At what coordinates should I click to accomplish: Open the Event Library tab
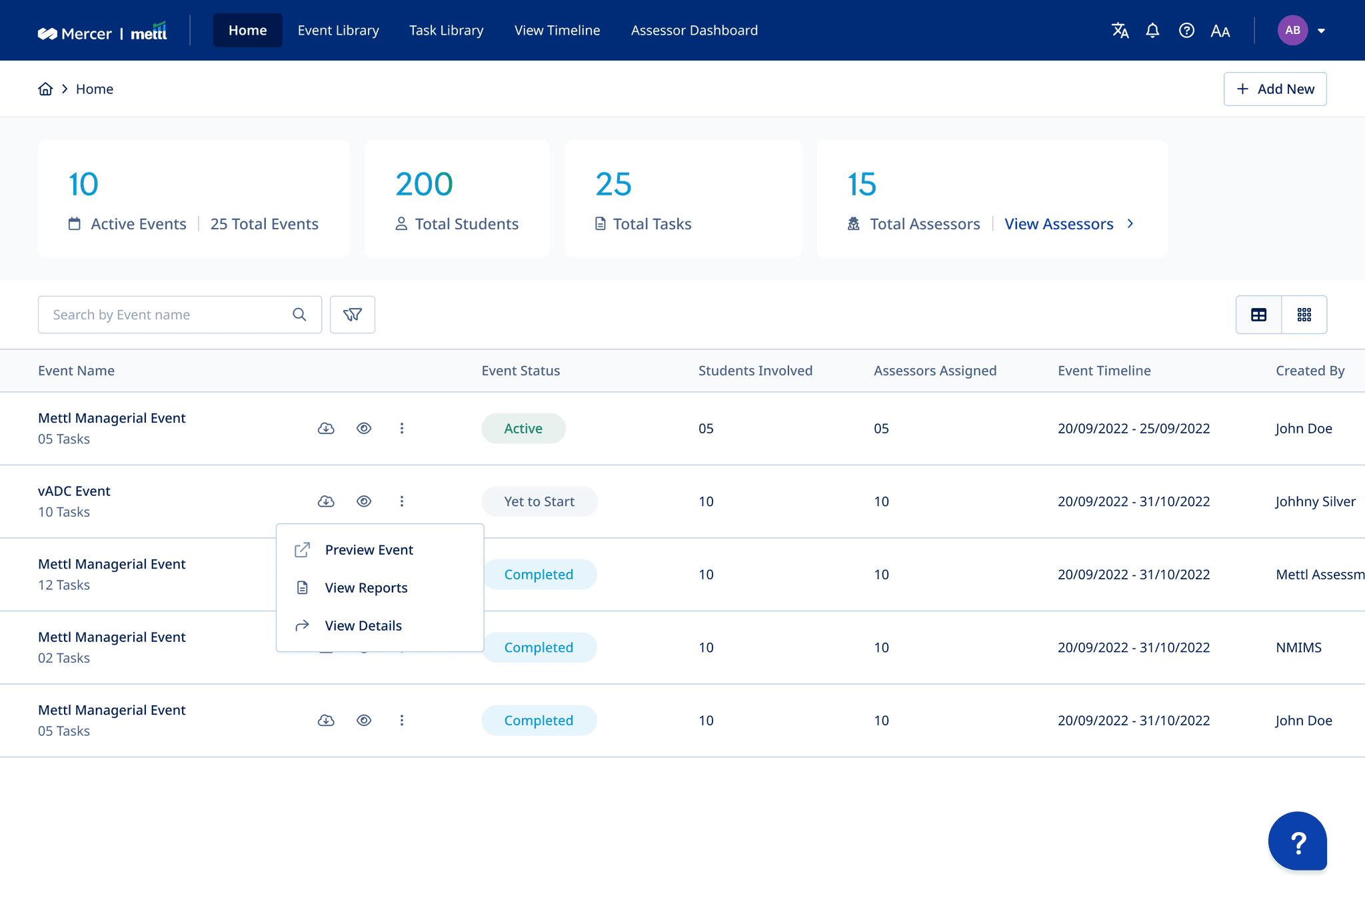pyautogui.click(x=338, y=31)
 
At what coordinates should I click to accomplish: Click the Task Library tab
pyautogui.click(x=446, y=31)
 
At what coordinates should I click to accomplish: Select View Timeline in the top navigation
pyautogui.click(x=557, y=31)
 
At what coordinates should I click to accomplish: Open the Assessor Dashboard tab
pyautogui.click(x=694, y=31)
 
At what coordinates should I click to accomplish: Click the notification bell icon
pyautogui.click(x=1152, y=31)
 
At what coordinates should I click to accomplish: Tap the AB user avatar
pyautogui.click(x=1292, y=31)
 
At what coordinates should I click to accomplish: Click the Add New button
pyautogui.click(x=1275, y=89)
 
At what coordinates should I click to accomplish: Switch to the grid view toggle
pyautogui.click(x=1304, y=315)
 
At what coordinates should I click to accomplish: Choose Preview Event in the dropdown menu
pyautogui.click(x=369, y=550)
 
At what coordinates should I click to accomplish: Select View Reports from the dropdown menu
pyautogui.click(x=366, y=588)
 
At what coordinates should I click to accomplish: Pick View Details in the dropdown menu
pyautogui.click(x=363, y=626)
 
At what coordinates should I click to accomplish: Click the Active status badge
pyautogui.click(x=523, y=429)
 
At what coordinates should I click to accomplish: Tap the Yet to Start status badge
pyautogui.click(x=539, y=501)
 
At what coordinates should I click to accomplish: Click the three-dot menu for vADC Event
pyautogui.click(x=402, y=501)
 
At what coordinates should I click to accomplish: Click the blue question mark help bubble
pyautogui.click(x=1297, y=841)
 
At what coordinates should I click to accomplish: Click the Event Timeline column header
pyautogui.click(x=1104, y=371)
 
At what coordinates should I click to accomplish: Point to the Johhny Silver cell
pyautogui.click(x=1316, y=501)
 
